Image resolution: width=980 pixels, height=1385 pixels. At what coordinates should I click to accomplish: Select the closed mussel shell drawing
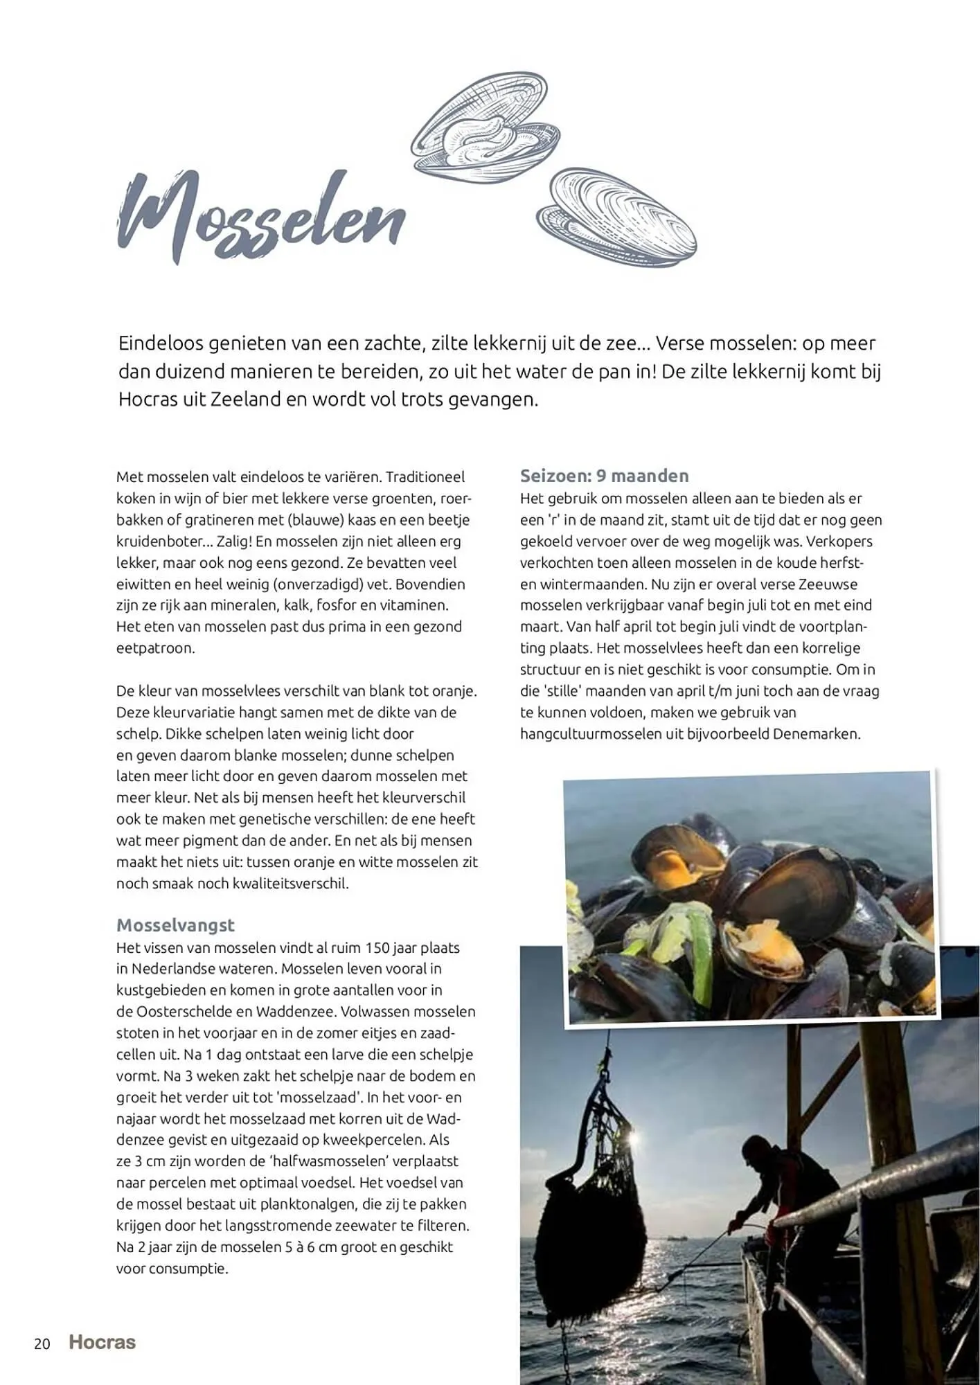(616, 218)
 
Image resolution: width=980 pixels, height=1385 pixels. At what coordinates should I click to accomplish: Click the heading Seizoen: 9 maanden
(604, 476)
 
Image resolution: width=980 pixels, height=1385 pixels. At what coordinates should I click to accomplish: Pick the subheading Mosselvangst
(175, 925)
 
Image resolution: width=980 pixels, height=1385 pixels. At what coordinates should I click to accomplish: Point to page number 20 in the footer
(42, 1343)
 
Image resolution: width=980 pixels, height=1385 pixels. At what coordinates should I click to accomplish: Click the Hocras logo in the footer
(103, 1342)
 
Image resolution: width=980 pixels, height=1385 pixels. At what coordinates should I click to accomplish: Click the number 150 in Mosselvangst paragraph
(378, 947)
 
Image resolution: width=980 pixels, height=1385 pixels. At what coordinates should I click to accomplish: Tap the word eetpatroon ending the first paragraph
(156, 648)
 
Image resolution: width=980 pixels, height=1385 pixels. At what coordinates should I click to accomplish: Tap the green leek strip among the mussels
(700, 956)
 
